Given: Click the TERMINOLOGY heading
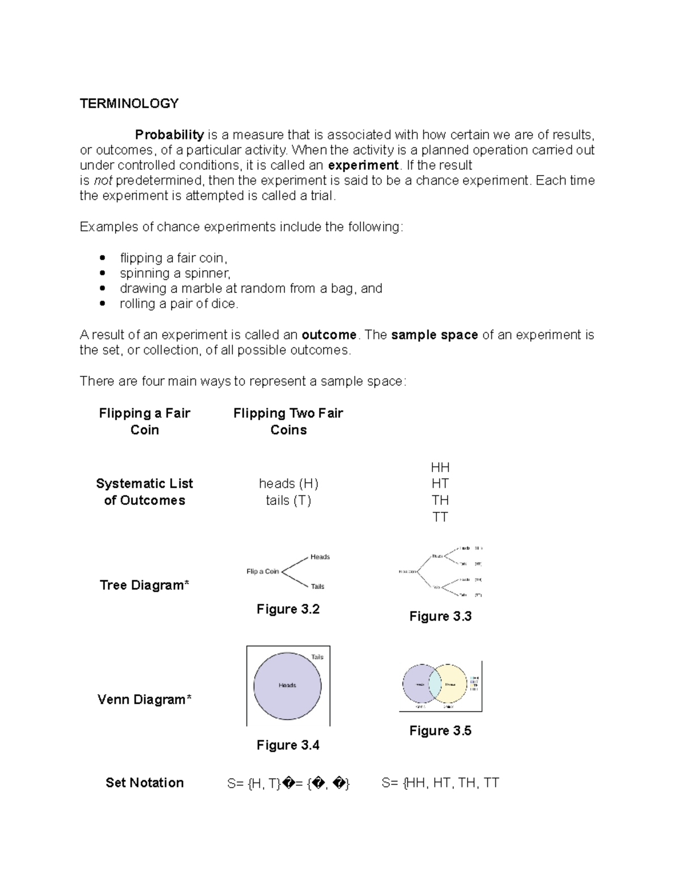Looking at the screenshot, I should coord(129,104).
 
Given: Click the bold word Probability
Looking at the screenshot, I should coord(169,135).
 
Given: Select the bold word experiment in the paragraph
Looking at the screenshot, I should coord(363,165).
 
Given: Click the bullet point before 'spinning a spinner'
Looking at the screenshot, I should coord(102,273).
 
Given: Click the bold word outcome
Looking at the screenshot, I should coord(329,335).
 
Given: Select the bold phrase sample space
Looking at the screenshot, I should coord(434,335).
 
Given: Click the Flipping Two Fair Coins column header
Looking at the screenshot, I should coord(288,421).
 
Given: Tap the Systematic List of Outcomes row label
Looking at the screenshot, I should coord(144,492).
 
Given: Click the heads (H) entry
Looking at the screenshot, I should coord(288,483).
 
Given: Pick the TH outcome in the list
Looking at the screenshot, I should coord(440,500).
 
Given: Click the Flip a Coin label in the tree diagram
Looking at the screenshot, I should coord(262,571).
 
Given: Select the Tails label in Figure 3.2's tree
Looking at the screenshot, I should coord(317,586).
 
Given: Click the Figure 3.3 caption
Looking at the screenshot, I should coord(440,617).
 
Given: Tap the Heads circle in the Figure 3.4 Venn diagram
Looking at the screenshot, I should coord(287,686).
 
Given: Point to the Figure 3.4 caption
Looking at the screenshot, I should coord(288,745).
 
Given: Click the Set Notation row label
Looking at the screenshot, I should coord(144,783).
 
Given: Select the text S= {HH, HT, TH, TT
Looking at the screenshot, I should coord(440,783).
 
